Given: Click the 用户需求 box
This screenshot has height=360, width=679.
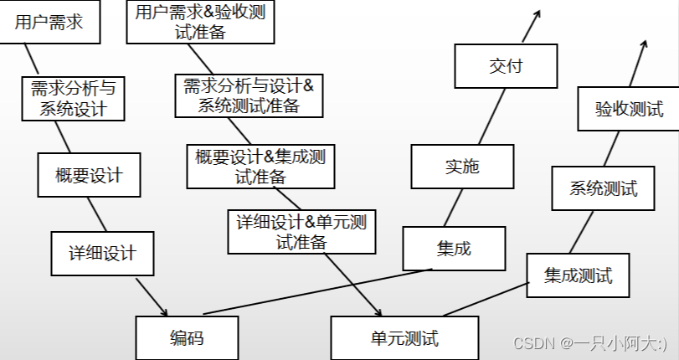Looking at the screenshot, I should pos(49,23).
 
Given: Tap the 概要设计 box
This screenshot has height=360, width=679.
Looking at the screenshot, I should pos(88,175).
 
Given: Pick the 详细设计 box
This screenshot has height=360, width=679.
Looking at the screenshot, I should pos(101,252).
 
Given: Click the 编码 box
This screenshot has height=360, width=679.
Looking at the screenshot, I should pos(186,337).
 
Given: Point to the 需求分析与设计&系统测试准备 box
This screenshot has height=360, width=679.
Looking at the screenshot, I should pos(247,95).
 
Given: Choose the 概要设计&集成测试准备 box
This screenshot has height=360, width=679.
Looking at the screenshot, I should pos(260,166).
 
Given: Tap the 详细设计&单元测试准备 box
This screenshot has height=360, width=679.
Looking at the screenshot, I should pos(301,232).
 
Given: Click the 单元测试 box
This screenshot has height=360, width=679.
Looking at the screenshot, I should pos(404,338).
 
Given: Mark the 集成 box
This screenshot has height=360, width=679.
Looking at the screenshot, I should pos(455,249).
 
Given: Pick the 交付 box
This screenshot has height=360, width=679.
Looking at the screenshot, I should pos(505,65).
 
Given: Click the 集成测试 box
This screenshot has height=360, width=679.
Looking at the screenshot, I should pos(578,275).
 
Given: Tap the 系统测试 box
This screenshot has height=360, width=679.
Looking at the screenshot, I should pos(603,188).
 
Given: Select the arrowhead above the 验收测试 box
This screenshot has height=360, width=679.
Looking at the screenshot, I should pos(646,41).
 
